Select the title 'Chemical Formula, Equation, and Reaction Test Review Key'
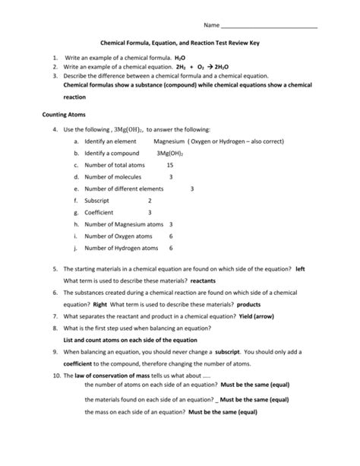coord(181,44)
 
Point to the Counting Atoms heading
coord(65,115)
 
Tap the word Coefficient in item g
coord(100,212)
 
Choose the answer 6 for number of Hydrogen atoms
coord(171,248)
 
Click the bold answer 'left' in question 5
coord(300,269)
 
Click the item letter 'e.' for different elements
coord(77,189)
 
